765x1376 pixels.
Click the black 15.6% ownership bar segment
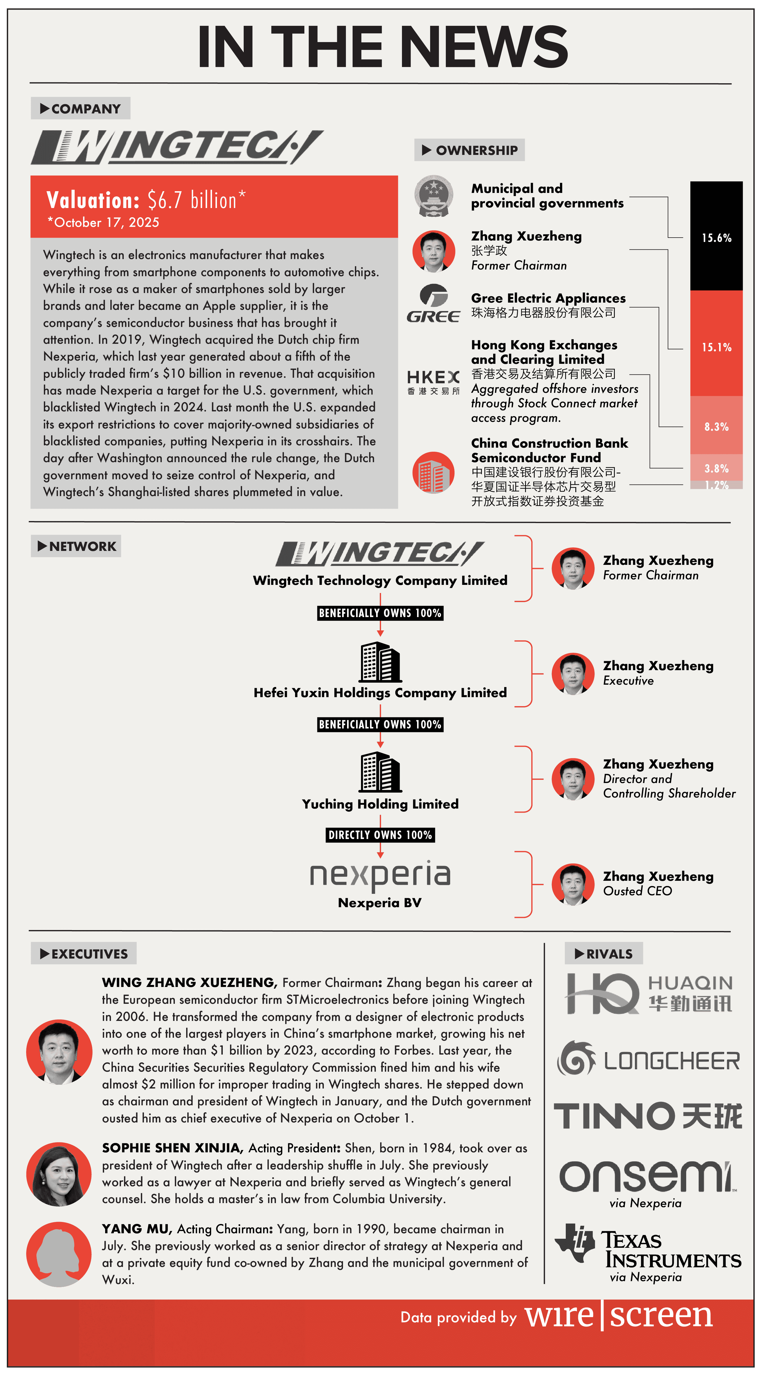pos(716,236)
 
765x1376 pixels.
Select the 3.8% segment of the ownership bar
pos(716,468)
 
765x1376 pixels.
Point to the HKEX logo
pos(433,382)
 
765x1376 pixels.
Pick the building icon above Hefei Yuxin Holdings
pos(380,662)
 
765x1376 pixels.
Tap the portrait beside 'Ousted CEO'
pos(572,884)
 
